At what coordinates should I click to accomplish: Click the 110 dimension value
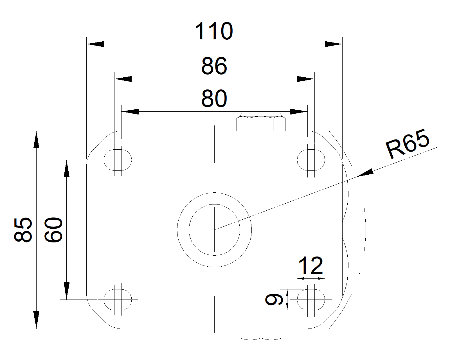click(214, 31)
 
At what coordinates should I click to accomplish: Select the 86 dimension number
click(214, 66)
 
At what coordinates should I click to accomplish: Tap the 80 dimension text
click(214, 99)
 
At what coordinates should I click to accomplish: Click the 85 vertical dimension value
click(23, 229)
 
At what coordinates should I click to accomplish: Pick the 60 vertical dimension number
click(53, 229)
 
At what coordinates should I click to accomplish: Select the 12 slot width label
click(310, 265)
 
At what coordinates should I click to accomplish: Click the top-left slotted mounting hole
click(118, 160)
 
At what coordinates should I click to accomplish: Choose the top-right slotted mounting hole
click(311, 160)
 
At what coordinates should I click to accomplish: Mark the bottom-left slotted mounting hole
click(118, 300)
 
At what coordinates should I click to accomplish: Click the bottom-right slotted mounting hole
click(311, 300)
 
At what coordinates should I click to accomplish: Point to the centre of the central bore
click(214, 229)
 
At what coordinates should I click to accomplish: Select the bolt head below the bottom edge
click(261, 334)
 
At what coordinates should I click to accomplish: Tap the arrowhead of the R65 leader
click(365, 173)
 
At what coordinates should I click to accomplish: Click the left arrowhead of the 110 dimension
click(95, 44)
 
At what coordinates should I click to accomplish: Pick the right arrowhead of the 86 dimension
click(306, 79)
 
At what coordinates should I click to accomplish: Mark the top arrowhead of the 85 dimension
click(36, 139)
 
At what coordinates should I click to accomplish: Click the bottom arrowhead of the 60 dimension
click(66, 291)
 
